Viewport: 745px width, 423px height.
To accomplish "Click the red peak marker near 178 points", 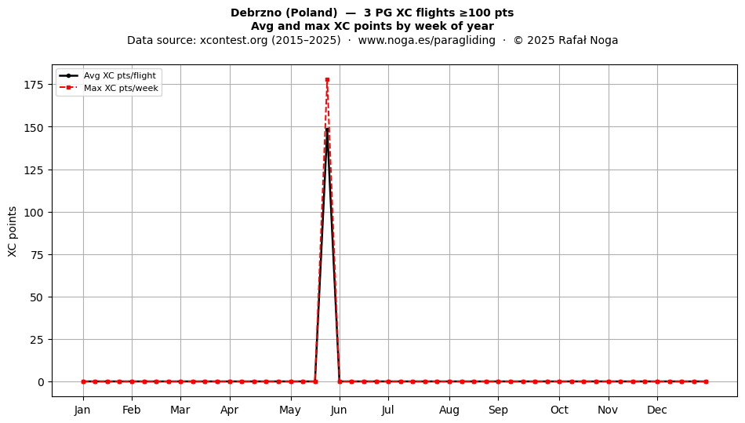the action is point(327,80).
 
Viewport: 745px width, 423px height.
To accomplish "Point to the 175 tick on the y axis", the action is point(34,85).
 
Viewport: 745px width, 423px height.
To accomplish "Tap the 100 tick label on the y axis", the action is point(34,213).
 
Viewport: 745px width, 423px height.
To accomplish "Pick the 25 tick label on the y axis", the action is point(37,340).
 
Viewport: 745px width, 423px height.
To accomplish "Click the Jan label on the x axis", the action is point(82,410).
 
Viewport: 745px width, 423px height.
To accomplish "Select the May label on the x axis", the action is point(290,410).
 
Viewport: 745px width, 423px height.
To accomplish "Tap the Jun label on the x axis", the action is point(340,410).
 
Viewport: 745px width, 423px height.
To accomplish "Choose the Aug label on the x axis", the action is point(449,410).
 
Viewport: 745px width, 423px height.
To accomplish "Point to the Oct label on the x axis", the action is point(559,410).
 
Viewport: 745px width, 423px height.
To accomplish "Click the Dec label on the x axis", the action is point(657,410).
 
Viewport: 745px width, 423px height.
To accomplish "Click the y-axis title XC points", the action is point(13,232).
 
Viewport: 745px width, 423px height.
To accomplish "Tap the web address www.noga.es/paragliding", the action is point(427,40).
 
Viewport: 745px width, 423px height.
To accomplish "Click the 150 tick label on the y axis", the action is point(34,127).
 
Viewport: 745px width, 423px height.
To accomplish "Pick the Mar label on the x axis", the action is point(180,410).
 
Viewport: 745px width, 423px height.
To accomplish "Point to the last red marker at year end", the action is point(706,381).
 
